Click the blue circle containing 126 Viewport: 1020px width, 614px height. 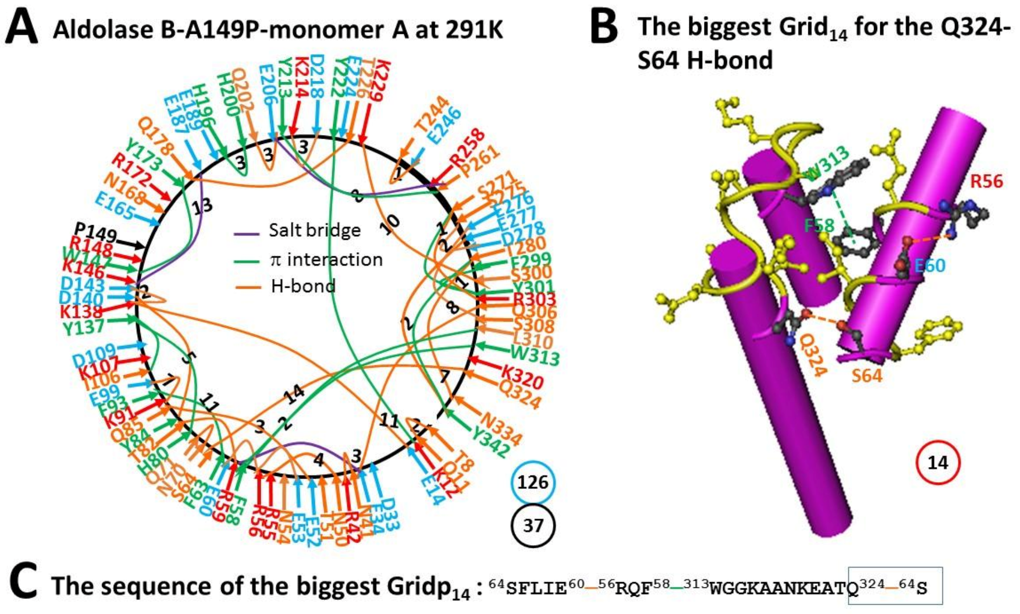click(533, 482)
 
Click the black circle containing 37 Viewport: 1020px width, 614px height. click(533, 525)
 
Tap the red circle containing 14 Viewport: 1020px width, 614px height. click(938, 462)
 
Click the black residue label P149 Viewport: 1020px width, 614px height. click(95, 232)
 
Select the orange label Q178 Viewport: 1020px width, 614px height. click(156, 136)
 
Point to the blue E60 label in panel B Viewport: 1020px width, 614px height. click(930, 265)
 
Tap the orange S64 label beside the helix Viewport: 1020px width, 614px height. click(867, 375)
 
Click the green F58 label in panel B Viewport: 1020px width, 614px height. click(819, 225)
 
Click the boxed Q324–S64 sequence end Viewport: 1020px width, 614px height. click(895, 586)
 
